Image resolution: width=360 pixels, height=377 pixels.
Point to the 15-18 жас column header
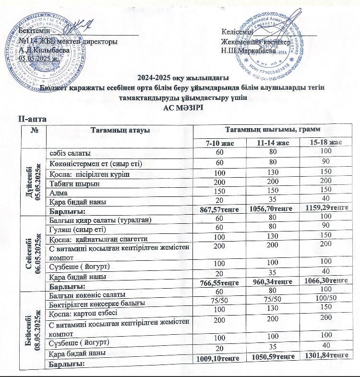coord(325,143)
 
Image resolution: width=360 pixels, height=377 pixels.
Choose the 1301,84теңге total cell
coord(325,354)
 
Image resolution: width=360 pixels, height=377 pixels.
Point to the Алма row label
coord(59,189)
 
